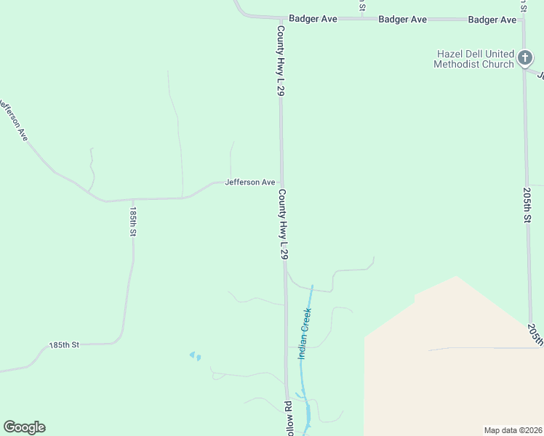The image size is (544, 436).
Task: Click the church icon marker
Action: [x=526, y=59]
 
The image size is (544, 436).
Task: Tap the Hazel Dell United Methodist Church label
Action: [x=473, y=59]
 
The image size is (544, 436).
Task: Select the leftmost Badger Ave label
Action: [x=313, y=19]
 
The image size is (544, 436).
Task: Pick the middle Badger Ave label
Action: [x=402, y=20]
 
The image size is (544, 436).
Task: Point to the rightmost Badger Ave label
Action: [x=492, y=20]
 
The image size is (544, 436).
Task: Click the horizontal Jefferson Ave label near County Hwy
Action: [x=249, y=182]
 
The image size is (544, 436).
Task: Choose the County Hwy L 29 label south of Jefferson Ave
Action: [x=283, y=225]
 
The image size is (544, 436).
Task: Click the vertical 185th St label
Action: [x=133, y=222]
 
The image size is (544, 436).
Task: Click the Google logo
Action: [x=24, y=427]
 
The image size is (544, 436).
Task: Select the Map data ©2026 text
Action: [x=513, y=430]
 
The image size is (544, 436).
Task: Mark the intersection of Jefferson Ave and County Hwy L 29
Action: [x=282, y=182]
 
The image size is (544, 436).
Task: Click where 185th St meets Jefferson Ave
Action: [x=132, y=198]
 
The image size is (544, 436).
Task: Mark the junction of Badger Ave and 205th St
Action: [x=523, y=20]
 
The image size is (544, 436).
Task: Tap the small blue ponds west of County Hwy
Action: [x=195, y=356]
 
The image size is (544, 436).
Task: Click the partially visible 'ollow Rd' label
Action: [x=288, y=417]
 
